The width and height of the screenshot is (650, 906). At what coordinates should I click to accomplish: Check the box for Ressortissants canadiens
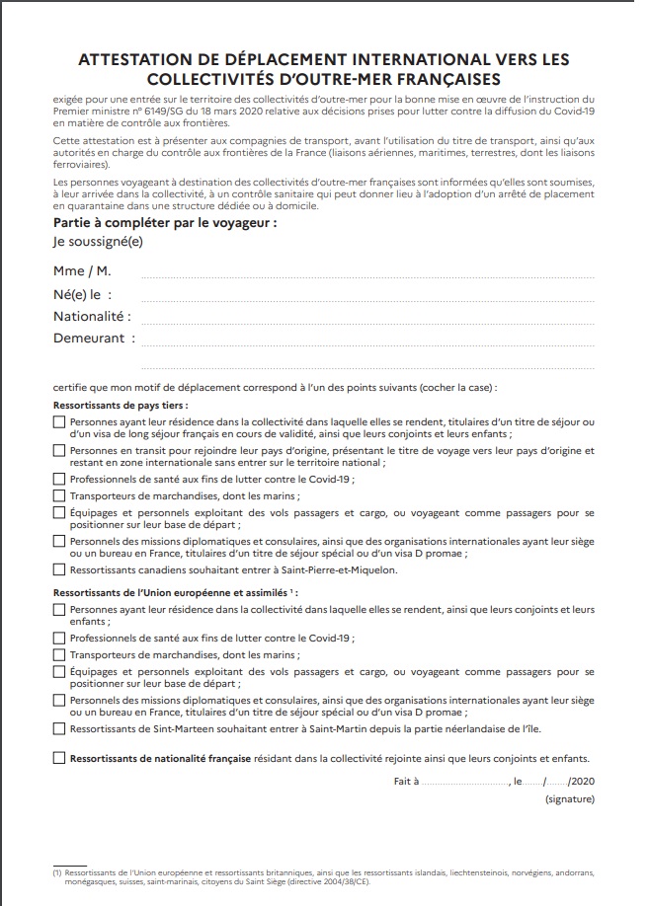[59, 569]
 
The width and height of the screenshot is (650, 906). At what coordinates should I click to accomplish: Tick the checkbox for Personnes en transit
[59, 450]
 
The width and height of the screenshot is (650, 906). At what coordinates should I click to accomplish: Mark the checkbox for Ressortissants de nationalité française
[59, 758]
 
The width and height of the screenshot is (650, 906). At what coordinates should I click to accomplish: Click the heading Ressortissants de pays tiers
[120, 405]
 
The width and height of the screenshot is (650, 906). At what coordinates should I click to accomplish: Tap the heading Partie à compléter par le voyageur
[164, 222]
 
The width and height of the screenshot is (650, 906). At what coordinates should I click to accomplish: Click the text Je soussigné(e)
[98, 242]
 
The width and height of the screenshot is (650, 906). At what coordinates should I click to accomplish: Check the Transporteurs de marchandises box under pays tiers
[59, 495]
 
